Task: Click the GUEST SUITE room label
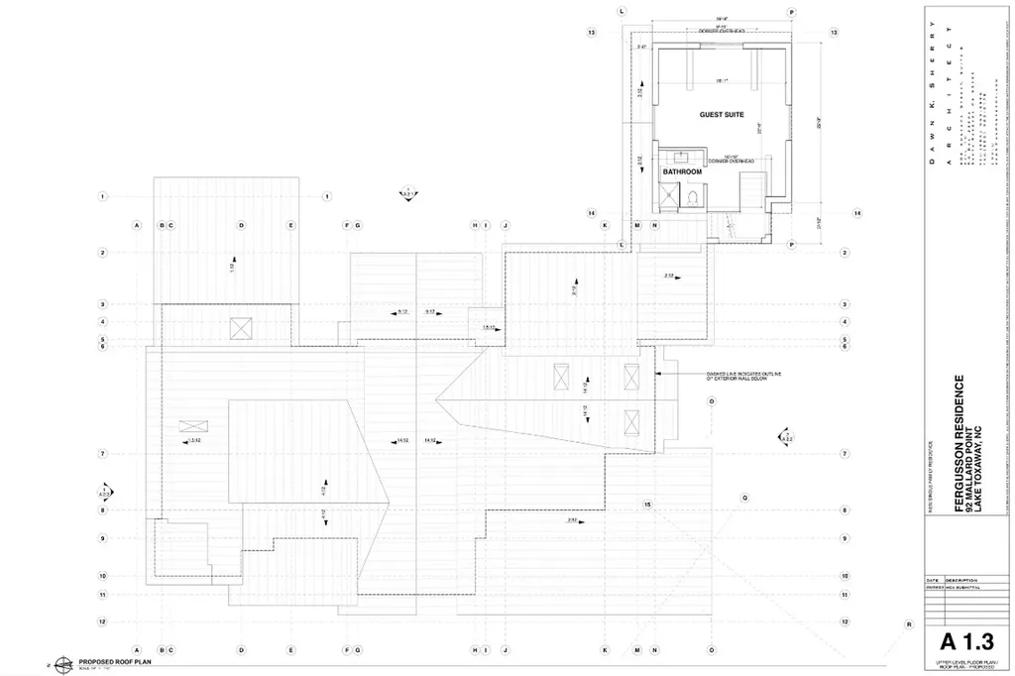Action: click(x=722, y=115)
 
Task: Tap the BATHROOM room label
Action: click(x=682, y=171)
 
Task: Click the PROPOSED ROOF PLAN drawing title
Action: click(x=113, y=660)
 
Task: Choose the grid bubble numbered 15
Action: click(x=648, y=505)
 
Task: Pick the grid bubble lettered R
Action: click(x=909, y=624)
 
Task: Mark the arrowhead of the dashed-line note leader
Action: click(x=659, y=374)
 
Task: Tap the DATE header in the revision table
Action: click(x=932, y=581)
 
